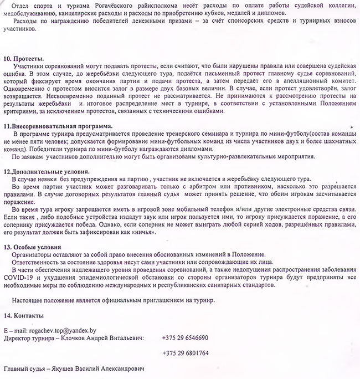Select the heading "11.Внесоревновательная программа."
(x=58, y=126)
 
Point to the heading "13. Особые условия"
(x=32, y=247)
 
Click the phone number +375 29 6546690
(x=185, y=337)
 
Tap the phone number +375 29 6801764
(x=185, y=353)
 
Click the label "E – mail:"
(x=15, y=329)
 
